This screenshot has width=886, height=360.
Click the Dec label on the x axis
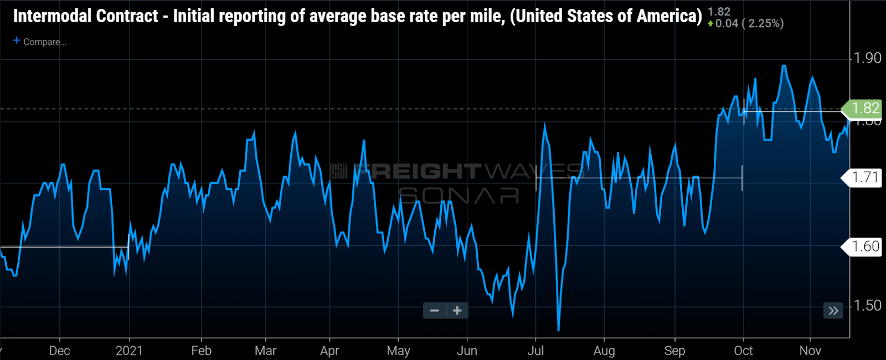point(59,351)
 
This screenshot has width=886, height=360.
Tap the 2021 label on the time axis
point(129,351)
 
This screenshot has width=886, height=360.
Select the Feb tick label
point(201,351)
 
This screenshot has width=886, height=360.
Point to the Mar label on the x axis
point(265,351)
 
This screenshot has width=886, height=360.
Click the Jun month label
point(467,351)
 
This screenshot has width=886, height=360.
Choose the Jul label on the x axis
point(535,351)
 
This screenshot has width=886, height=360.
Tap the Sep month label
point(674,351)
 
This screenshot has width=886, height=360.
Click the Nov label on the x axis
point(810,351)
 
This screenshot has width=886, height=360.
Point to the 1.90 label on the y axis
point(867,58)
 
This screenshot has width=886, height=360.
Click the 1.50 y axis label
point(867,306)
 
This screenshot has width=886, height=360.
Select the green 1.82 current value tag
point(864,108)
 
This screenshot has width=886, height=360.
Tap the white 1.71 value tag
point(864,178)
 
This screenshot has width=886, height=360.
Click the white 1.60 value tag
point(864,246)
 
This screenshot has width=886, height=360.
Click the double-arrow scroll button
point(833,311)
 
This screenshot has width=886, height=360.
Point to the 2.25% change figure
point(765,23)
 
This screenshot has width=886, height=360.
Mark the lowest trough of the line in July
point(558,331)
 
